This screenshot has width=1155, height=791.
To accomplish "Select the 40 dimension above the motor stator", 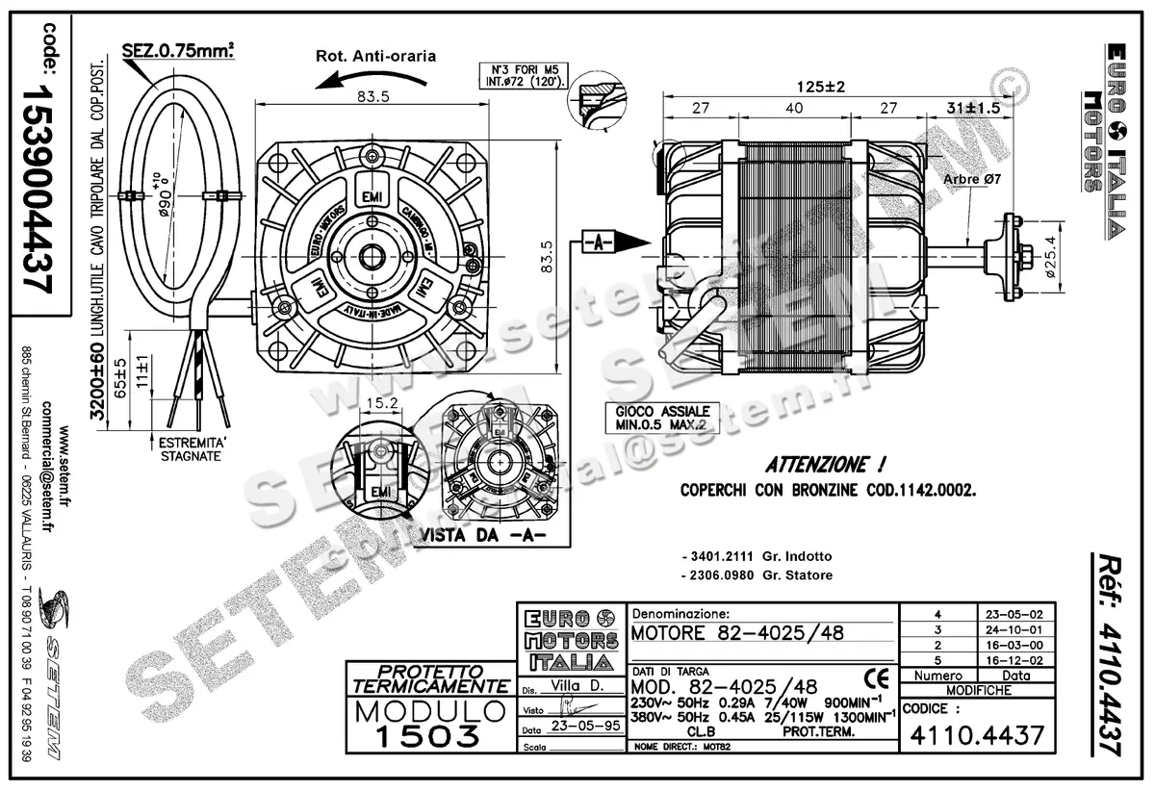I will pyautogui.click(x=793, y=109).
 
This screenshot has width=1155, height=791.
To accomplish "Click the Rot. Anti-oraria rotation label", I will pyautogui.click(x=375, y=56).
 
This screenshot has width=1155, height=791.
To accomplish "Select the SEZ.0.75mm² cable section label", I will pyautogui.click(x=178, y=50).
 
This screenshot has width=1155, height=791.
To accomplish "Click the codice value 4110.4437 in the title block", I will pyautogui.click(x=974, y=735).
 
